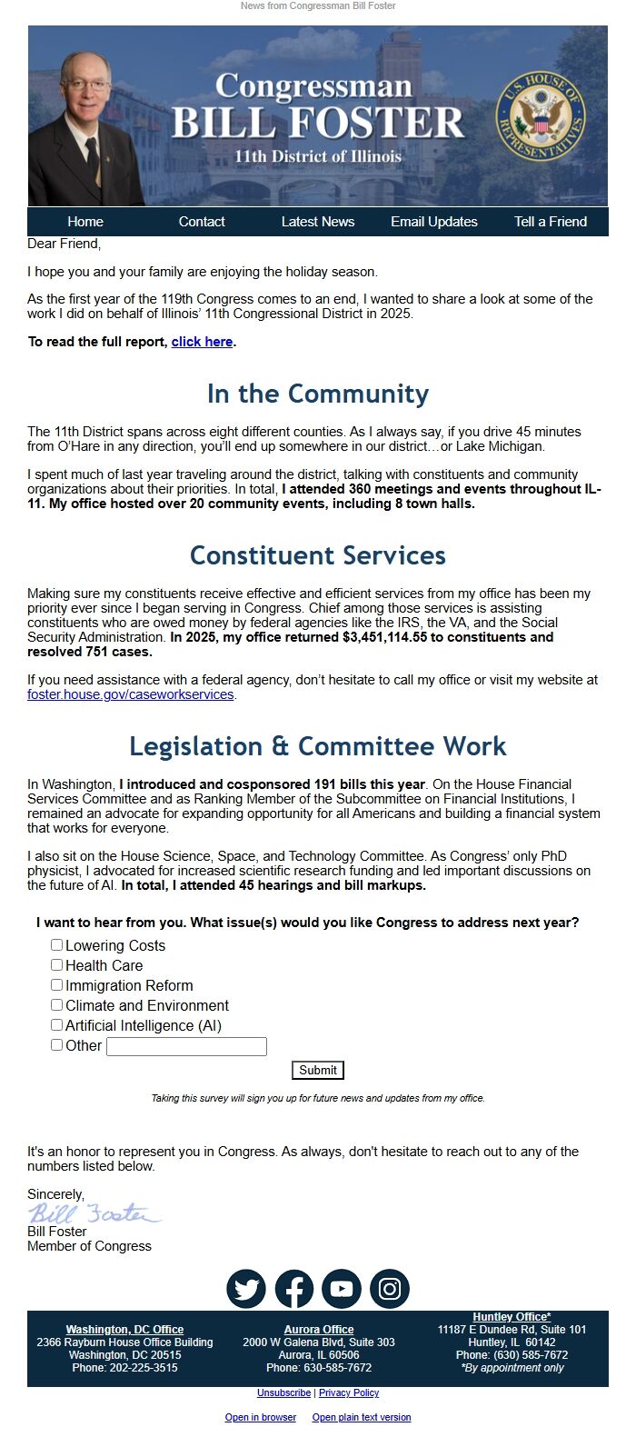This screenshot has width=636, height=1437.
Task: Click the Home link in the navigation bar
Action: point(85,222)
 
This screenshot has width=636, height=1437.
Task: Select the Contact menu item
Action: point(202,222)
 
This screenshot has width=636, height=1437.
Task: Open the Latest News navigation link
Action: point(318,222)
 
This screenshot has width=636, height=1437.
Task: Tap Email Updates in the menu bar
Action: point(434,222)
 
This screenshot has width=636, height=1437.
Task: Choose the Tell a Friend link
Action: point(551,222)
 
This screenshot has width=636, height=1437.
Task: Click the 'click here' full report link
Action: point(202,342)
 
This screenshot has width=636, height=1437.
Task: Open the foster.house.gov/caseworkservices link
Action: point(131,694)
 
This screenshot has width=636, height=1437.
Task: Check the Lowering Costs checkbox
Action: point(57,945)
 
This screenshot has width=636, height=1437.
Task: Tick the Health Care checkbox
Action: point(57,965)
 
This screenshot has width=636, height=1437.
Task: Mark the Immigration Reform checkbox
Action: point(57,985)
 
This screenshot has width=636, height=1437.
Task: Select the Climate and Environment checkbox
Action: point(57,1005)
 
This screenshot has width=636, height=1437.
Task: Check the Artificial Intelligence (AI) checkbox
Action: point(57,1025)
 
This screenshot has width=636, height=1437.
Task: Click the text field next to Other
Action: point(186,1046)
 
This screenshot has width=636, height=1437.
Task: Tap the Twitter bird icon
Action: point(246,1289)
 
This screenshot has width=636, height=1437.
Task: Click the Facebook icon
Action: point(294,1289)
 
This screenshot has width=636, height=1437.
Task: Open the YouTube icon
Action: point(342,1289)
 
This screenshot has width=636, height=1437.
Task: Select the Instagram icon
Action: point(390,1289)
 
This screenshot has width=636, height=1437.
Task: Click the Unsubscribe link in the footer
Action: point(284,1392)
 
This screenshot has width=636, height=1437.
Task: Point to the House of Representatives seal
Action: point(541,117)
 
